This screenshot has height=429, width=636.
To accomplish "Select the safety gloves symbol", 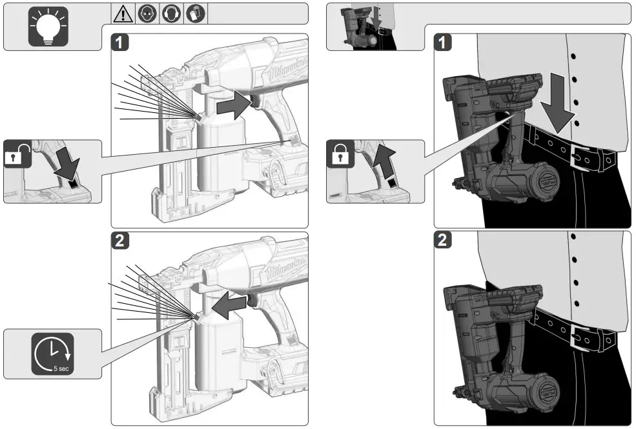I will click(x=195, y=14).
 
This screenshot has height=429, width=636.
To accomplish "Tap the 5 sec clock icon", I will click(x=52, y=354).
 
